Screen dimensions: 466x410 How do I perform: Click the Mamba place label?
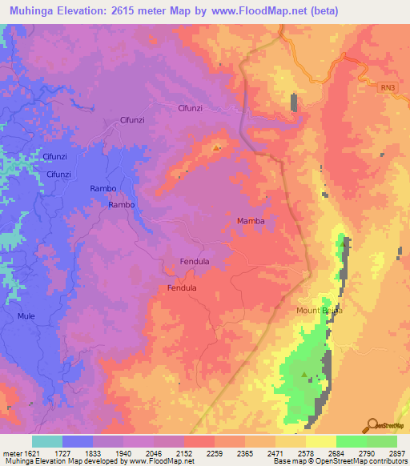click(251, 220)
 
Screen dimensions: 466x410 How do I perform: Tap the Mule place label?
click(26, 316)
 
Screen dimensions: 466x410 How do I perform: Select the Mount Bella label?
click(320, 310)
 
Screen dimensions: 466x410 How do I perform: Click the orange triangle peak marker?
click(216, 148)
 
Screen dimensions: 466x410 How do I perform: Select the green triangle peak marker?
click(303, 374)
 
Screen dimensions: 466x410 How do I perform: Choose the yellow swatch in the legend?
click(320, 441)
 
